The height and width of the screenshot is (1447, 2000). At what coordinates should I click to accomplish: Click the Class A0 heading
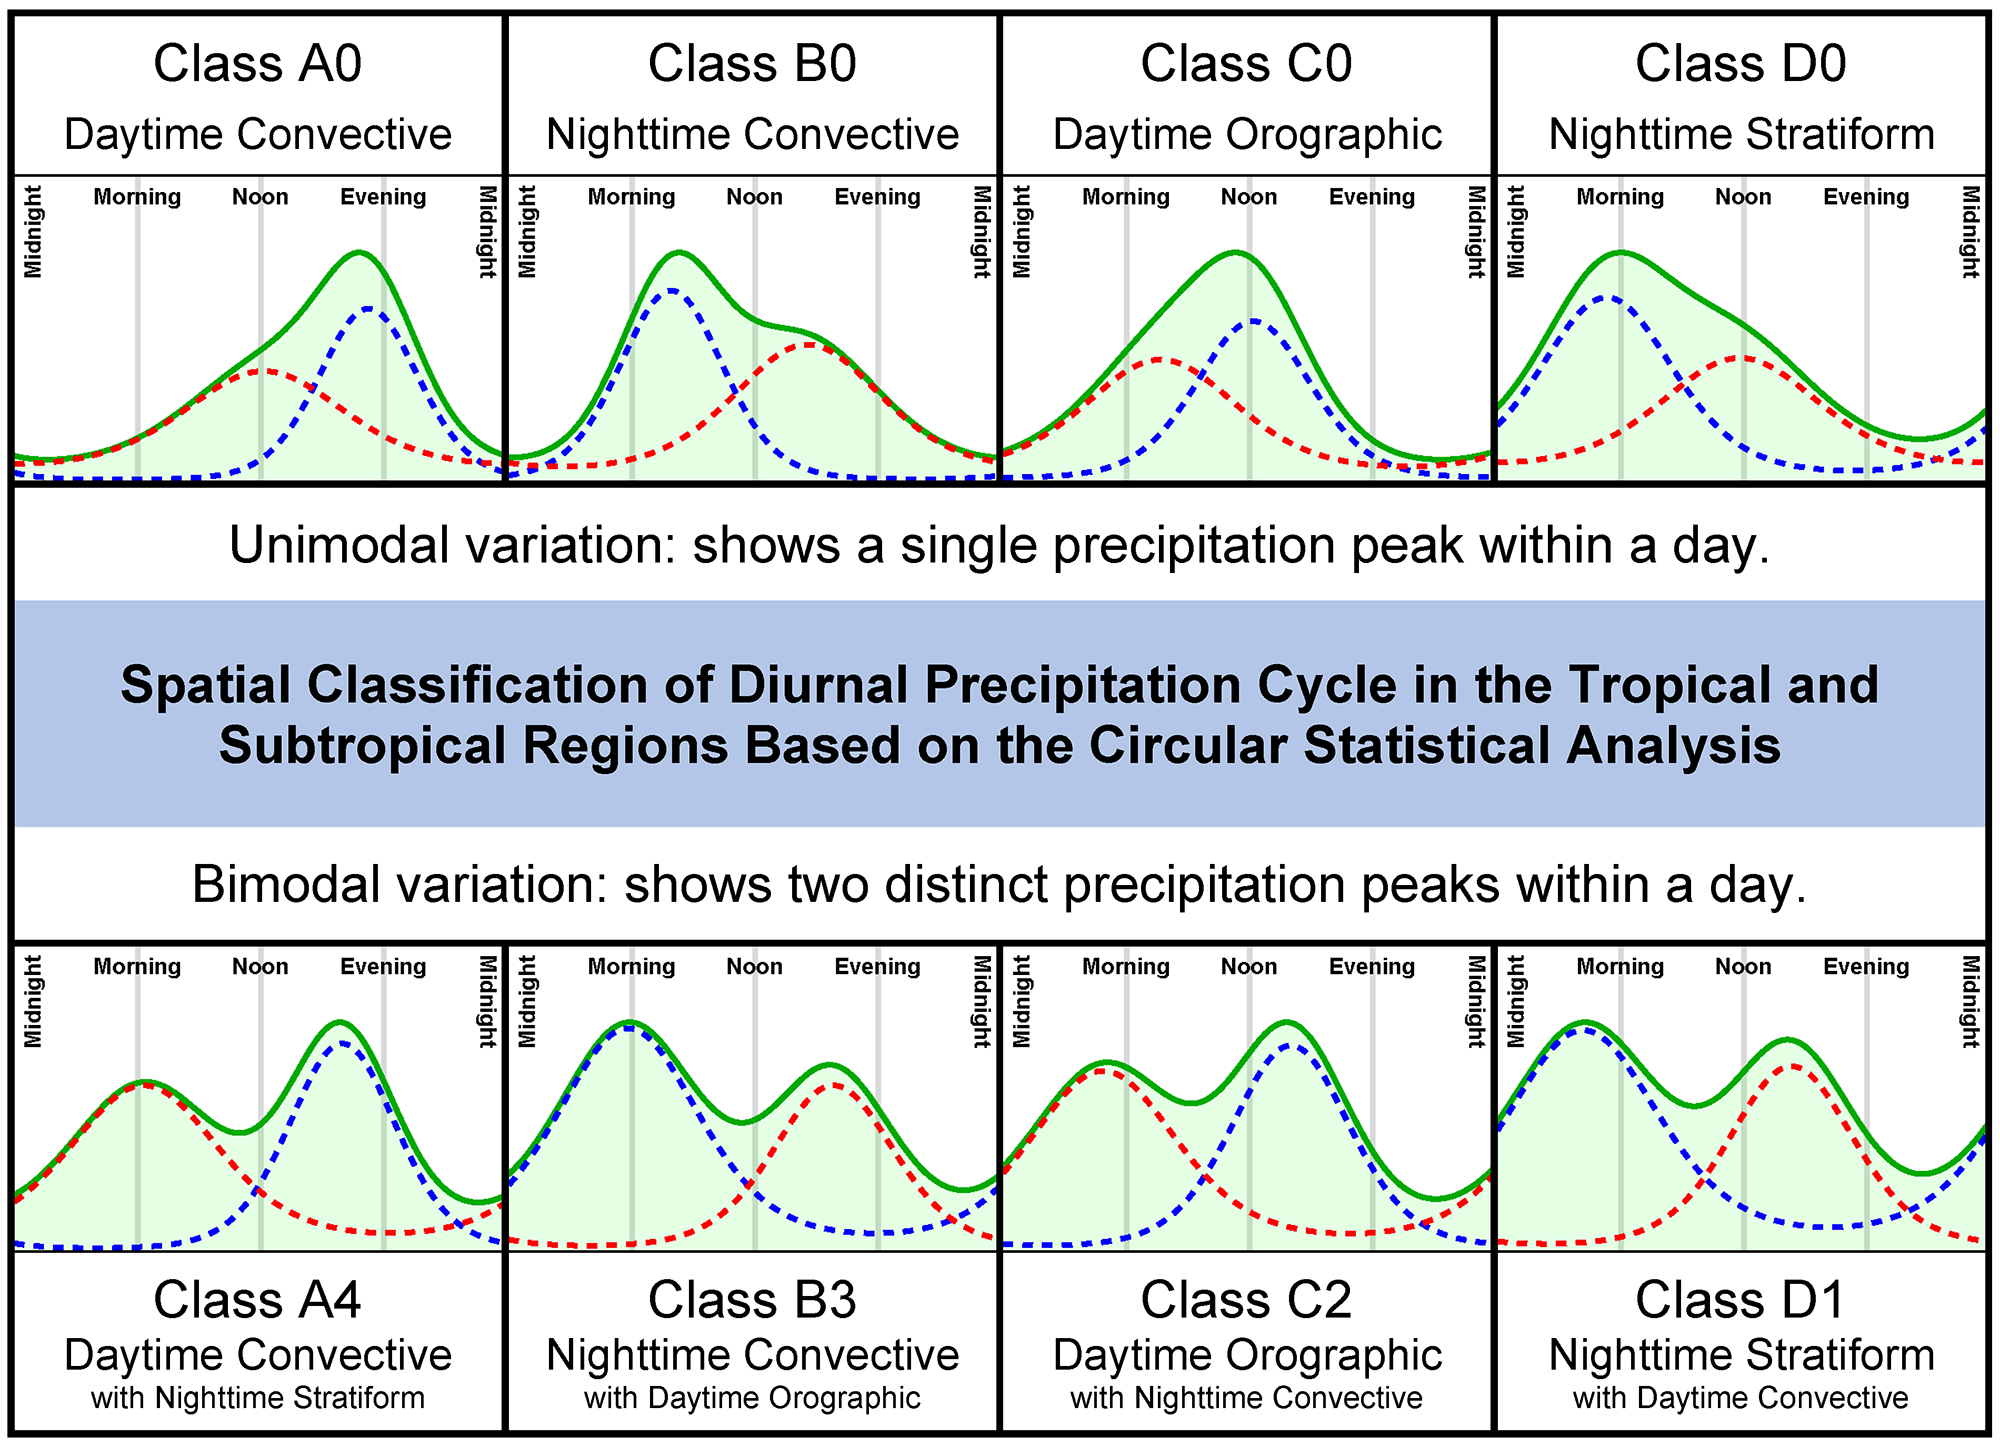(257, 64)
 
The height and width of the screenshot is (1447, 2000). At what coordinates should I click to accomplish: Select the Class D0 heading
(1740, 64)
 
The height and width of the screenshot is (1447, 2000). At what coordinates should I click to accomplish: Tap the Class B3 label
(752, 1300)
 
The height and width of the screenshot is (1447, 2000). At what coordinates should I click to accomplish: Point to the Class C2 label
(1246, 1300)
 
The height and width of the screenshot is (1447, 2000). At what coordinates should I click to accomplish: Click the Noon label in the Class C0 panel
(1248, 197)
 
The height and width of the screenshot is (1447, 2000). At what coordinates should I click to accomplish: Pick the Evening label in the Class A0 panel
(383, 197)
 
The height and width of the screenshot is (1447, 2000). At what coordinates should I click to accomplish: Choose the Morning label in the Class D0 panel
(1620, 197)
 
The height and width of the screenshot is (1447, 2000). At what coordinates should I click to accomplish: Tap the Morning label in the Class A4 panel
(137, 967)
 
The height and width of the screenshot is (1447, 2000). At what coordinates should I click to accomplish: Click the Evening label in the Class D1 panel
(1866, 967)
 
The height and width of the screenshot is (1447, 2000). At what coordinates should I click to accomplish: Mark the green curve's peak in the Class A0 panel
(358, 253)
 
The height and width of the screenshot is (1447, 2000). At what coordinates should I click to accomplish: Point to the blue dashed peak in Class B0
(671, 291)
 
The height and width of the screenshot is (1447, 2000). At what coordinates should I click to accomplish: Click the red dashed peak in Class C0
(1158, 359)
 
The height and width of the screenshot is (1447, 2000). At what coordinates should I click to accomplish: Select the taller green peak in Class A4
(341, 1023)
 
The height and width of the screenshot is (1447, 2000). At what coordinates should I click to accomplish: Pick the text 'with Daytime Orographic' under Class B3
(752, 1398)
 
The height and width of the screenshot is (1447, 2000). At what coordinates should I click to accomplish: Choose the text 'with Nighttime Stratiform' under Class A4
(257, 1398)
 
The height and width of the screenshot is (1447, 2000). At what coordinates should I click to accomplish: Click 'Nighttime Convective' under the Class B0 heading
(752, 135)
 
